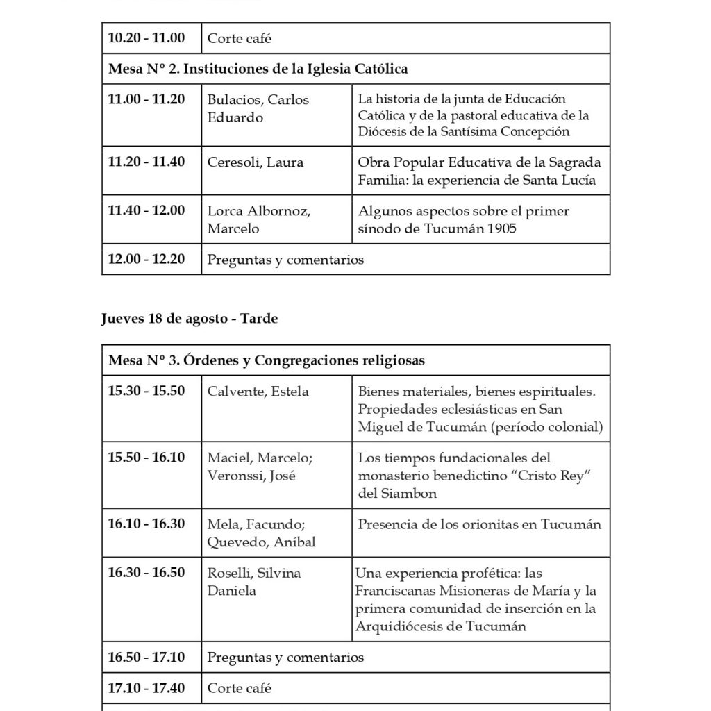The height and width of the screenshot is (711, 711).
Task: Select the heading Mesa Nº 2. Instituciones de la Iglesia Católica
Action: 258,69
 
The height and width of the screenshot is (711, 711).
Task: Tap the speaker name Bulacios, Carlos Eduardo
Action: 258,108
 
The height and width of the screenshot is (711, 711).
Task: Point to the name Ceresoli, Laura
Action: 256,162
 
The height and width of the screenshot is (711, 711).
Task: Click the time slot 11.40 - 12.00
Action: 146,210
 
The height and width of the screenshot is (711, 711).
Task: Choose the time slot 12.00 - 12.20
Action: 146,259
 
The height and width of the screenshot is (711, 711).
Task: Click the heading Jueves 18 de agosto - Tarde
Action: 190,319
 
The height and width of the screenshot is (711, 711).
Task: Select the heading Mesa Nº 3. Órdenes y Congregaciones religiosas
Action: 267,360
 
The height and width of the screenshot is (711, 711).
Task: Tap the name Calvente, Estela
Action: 258,392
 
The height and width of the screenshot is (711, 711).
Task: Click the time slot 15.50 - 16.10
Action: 146,458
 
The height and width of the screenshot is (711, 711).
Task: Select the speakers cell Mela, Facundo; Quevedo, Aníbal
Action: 261,533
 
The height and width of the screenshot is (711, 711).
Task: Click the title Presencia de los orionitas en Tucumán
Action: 479,525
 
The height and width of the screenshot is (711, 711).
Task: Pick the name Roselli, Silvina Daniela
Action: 254,582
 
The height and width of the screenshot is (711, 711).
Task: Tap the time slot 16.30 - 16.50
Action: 146,573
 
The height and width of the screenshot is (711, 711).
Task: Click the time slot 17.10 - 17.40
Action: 146,688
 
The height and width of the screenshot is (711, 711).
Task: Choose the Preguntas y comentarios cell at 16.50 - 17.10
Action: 285,657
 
